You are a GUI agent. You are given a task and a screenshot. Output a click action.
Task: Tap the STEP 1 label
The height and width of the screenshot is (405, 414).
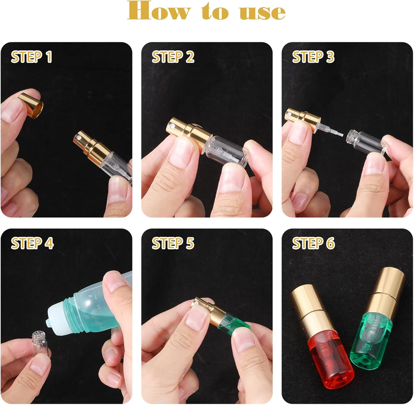click(x=31, y=57)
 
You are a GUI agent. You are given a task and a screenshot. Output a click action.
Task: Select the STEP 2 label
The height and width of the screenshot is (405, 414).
click(x=173, y=57)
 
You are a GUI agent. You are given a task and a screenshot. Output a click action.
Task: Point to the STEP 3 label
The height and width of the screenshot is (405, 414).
click(x=313, y=57)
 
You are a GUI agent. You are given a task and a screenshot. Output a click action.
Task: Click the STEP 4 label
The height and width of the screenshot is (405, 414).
click(x=32, y=243)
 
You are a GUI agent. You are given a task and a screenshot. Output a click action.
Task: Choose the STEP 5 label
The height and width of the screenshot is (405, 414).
click(x=173, y=243)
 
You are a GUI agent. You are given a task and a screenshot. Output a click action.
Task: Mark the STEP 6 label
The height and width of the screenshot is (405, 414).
click(x=313, y=243)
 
